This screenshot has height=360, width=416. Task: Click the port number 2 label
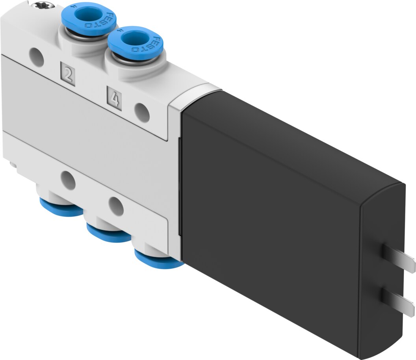tap(68, 74)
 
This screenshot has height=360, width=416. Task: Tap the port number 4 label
tap(114, 98)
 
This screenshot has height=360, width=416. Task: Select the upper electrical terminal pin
tap(398, 258)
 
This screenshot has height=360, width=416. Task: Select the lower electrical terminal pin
tap(398, 302)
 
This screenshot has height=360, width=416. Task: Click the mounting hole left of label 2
tap(37, 57)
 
